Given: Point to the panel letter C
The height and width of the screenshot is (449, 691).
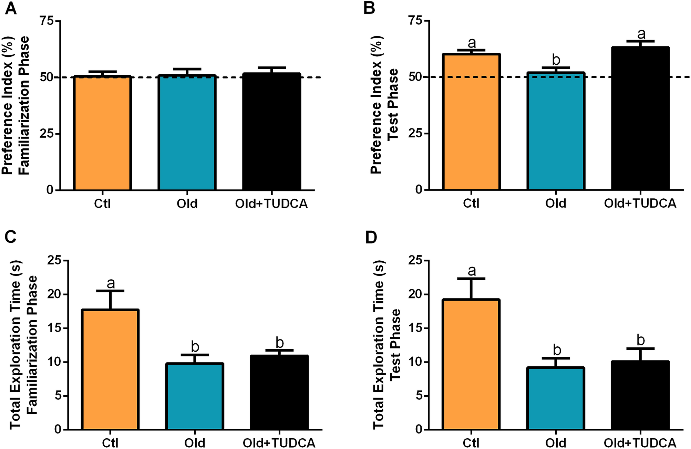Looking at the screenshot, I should tap(11, 237).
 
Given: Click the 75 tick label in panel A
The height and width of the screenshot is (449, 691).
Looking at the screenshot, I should tap(47, 21).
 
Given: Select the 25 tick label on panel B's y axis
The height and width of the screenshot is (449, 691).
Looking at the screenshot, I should tap(415, 133).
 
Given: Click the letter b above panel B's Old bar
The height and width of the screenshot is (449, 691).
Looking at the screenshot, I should tap(556, 60).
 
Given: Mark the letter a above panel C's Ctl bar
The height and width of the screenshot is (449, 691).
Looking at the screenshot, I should tap(111, 283).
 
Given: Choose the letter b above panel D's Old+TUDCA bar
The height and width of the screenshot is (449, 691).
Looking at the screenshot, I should tap(640, 340).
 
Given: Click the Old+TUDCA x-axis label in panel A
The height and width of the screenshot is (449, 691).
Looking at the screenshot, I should tap(271, 204).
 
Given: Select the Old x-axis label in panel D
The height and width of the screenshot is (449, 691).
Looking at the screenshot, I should tap(556, 443).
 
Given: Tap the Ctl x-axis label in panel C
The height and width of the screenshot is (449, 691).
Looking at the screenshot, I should tap(110, 443).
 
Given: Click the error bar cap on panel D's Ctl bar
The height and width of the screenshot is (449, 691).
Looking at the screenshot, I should tap(471, 279).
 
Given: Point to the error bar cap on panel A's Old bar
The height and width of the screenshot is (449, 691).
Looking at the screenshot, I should tap(187, 69).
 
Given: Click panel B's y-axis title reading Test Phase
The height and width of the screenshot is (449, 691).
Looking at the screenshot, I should tap(393, 104).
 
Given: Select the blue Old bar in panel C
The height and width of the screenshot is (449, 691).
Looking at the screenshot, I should tap(195, 396).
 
